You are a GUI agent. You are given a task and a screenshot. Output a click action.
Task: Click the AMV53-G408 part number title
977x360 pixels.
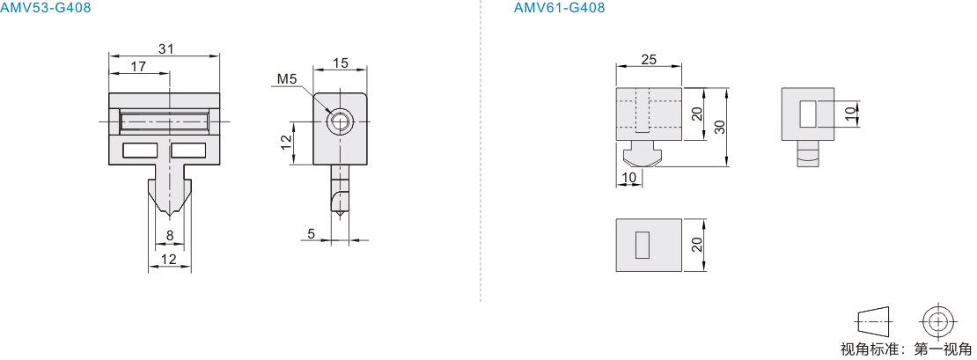(46, 7)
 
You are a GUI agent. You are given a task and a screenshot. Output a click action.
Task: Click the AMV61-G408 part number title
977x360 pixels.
(559, 7)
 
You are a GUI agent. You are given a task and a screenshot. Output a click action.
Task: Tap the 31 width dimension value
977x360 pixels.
(165, 48)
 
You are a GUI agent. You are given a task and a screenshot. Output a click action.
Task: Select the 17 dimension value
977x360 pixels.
(138, 65)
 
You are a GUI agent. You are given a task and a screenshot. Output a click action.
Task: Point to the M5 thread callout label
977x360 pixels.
(287, 78)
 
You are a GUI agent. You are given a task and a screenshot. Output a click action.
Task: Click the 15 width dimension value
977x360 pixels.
(341, 62)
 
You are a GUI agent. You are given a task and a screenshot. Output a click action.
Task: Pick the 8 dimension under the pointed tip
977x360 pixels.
(170, 235)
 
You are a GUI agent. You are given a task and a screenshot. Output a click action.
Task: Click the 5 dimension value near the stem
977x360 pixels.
(311, 233)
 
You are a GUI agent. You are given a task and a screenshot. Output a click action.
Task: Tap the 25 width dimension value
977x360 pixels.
(649, 59)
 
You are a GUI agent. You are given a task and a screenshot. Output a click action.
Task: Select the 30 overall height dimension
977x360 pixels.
(720, 127)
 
